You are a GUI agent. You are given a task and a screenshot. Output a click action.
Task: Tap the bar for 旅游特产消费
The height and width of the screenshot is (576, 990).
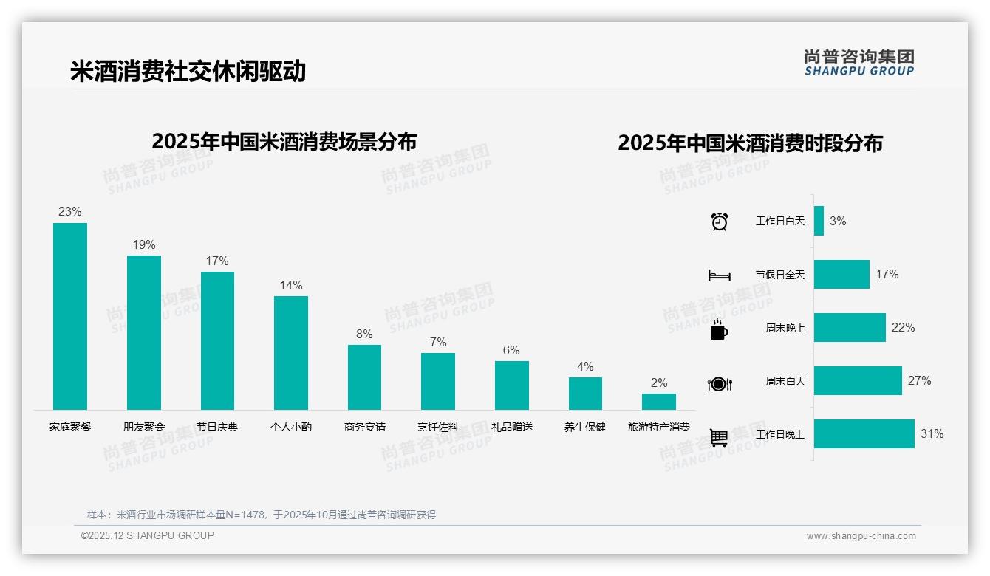pos(658,402)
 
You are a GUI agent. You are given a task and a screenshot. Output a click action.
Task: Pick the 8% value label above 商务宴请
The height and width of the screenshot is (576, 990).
pos(364,334)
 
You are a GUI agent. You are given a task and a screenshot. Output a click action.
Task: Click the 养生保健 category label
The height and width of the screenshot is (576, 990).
pos(585,427)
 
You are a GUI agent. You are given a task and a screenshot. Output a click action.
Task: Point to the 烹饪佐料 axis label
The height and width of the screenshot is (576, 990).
pos(438,427)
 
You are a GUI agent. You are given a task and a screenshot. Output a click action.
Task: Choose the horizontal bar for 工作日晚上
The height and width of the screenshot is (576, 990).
pos(864,433)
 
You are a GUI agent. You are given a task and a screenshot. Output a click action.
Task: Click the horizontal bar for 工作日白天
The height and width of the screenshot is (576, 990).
pos(819,221)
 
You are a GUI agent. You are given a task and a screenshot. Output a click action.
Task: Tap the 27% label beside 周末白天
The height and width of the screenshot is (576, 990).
pos(919,380)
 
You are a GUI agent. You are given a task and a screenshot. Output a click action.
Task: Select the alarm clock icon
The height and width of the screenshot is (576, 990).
pos(719,222)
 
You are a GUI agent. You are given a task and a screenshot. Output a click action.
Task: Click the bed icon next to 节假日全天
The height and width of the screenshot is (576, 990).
pos(719,275)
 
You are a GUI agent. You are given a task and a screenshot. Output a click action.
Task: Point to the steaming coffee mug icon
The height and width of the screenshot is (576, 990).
pos(719,329)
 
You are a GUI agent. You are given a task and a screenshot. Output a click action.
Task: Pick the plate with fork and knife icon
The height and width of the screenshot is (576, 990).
pos(719,384)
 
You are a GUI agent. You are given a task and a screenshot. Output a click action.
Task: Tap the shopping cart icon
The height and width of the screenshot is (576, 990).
pos(719,437)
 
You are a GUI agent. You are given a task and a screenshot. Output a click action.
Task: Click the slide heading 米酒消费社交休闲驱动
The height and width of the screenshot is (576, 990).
pos(188,72)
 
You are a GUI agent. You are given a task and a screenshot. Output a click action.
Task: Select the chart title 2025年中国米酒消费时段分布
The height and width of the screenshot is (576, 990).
pos(750,143)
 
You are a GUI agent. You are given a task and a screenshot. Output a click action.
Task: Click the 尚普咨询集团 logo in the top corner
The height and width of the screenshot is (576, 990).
pos(858,63)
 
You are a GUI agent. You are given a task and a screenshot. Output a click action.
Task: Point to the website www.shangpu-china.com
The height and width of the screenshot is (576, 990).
pos(861,536)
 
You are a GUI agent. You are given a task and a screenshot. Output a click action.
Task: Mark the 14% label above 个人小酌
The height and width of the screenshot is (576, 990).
pos(291,285)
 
